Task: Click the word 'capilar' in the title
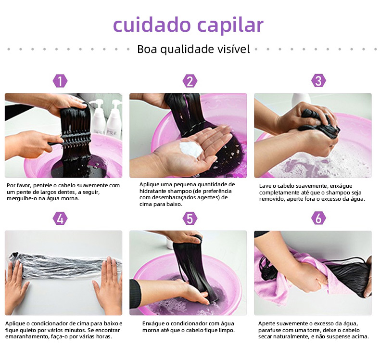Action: click(230, 25)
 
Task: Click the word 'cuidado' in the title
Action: click(152, 24)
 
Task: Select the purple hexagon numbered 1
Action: click(60, 81)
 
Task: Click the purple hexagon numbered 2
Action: click(190, 81)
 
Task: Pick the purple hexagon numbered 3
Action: click(318, 81)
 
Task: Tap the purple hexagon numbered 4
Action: click(60, 219)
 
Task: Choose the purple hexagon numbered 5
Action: click(190, 219)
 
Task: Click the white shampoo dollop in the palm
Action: click(191, 149)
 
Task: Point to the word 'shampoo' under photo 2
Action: click(177, 191)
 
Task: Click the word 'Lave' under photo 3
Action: click(265, 186)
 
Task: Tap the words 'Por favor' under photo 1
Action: click(19, 185)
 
